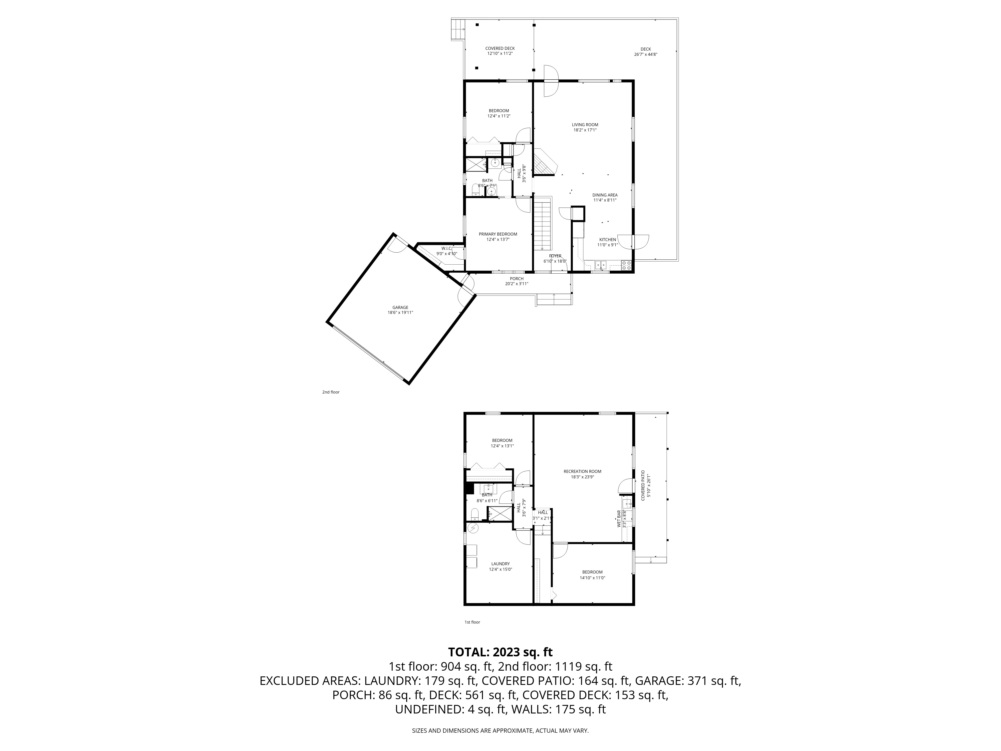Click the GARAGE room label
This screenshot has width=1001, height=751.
pos(400,307)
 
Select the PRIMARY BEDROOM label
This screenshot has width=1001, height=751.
pos(498,234)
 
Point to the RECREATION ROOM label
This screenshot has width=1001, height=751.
pos(582,471)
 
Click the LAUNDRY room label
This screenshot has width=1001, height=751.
pos(500,564)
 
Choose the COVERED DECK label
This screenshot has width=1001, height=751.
pos(500,48)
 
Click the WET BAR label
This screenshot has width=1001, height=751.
pos(619,519)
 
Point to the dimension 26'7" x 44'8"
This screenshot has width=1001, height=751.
pos(645,54)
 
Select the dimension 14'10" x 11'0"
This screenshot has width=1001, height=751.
pos(592,578)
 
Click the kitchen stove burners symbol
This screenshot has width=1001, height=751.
pos(627,265)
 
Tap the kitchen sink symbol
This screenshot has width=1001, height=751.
pos(601,265)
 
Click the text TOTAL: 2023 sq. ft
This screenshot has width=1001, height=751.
pos(500,652)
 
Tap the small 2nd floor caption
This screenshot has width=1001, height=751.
pos(331,392)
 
